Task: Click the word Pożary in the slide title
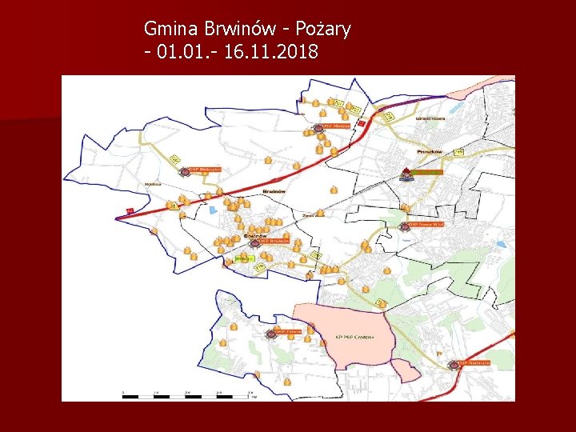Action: [323, 30]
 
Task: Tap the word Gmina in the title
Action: [170, 30]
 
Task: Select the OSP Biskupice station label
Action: [210, 170]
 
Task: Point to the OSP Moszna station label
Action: [336, 126]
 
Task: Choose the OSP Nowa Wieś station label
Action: [427, 226]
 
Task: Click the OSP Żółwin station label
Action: [289, 330]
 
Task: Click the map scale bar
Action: [189, 395]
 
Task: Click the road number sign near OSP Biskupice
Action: [176, 160]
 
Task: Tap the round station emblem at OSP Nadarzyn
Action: [454, 365]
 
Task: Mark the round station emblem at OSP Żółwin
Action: [270, 334]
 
